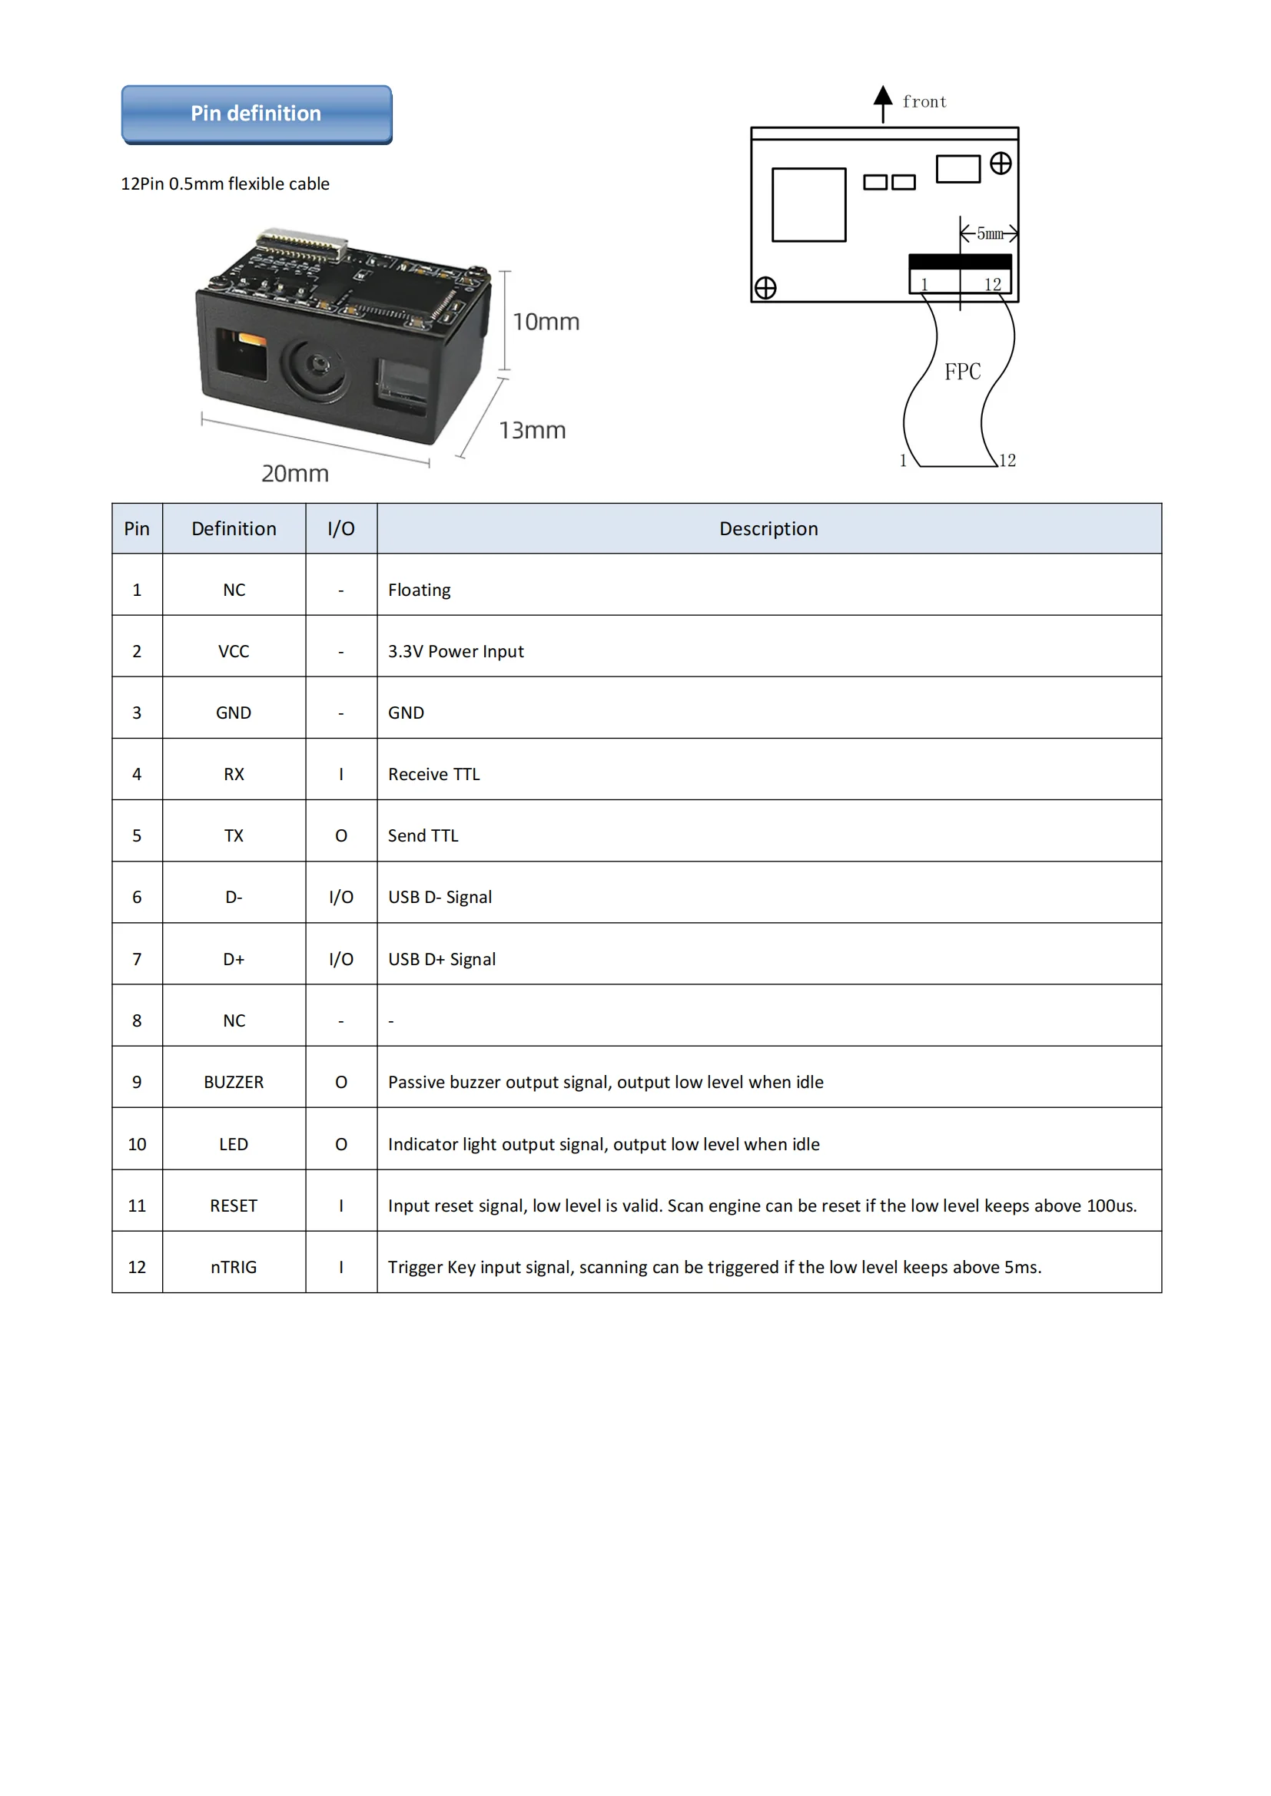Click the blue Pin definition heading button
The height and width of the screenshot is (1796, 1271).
tap(257, 114)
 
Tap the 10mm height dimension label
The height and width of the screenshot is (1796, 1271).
tap(546, 322)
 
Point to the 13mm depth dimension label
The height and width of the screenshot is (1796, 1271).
tap(533, 430)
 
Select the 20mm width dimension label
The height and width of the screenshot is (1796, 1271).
tap(295, 473)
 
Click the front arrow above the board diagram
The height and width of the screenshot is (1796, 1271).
tap(883, 102)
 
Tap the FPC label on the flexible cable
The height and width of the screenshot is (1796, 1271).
tap(962, 372)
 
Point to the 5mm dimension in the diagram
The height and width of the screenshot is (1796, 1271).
tap(989, 233)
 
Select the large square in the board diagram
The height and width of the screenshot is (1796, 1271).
tap(808, 205)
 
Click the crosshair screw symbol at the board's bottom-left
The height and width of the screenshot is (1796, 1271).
tap(765, 288)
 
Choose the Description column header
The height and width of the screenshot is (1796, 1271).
tap(768, 529)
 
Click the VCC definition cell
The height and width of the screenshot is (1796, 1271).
tap(234, 651)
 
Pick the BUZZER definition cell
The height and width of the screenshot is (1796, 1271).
tap(234, 1082)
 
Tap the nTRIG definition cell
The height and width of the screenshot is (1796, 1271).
tap(234, 1266)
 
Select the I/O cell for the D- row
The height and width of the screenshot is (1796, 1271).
tap(340, 897)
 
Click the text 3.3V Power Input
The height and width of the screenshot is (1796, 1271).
tap(456, 651)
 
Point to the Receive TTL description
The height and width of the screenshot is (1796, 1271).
tap(433, 774)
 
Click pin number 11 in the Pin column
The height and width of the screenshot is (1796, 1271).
tap(137, 1206)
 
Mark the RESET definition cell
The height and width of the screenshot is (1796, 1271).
tap(234, 1206)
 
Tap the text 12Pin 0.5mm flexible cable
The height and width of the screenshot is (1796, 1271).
tap(224, 184)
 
